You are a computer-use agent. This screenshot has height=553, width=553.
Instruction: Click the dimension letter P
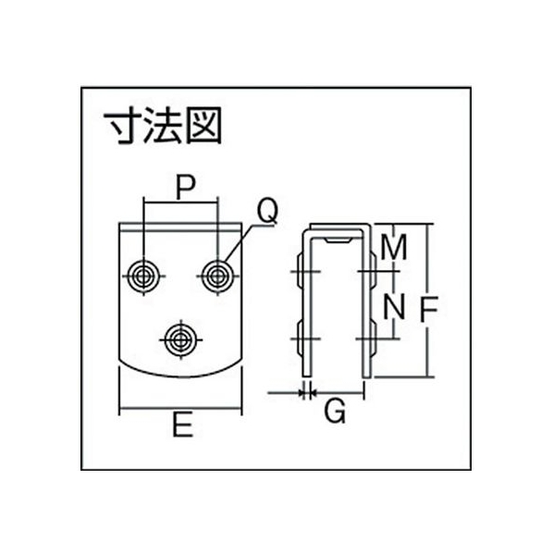(x=186, y=188)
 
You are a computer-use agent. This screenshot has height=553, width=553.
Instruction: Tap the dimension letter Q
(x=267, y=211)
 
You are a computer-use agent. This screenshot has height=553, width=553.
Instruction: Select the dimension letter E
(x=183, y=425)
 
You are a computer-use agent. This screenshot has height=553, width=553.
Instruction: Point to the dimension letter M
(x=394, y=247)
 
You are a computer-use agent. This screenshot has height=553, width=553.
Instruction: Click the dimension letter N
(x=394, y=307)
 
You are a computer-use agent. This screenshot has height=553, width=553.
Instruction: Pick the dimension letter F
(x=429, y=309)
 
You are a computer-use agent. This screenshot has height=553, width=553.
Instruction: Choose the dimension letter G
(x=335, y=412)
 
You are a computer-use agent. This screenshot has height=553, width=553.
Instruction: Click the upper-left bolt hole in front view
(x=143, y=276)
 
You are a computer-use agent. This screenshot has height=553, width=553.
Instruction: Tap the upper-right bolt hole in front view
(x=217, y=276)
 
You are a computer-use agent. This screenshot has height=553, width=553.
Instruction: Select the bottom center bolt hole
(x=180, y=340)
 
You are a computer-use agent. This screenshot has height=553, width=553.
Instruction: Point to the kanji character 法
(x=163, y=126)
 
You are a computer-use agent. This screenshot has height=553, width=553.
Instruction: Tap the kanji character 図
(x=203, y=126)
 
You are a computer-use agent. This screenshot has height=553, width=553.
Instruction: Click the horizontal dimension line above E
(x=180, y=409)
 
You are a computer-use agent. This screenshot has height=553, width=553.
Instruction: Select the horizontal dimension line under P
(x=180, y=203)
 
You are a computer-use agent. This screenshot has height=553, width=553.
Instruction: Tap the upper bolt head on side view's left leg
(x=300, y=271)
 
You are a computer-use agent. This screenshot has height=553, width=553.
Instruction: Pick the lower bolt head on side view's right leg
(x=373, y=338)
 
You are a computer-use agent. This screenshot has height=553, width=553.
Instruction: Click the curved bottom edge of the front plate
(x=180, y=376)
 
